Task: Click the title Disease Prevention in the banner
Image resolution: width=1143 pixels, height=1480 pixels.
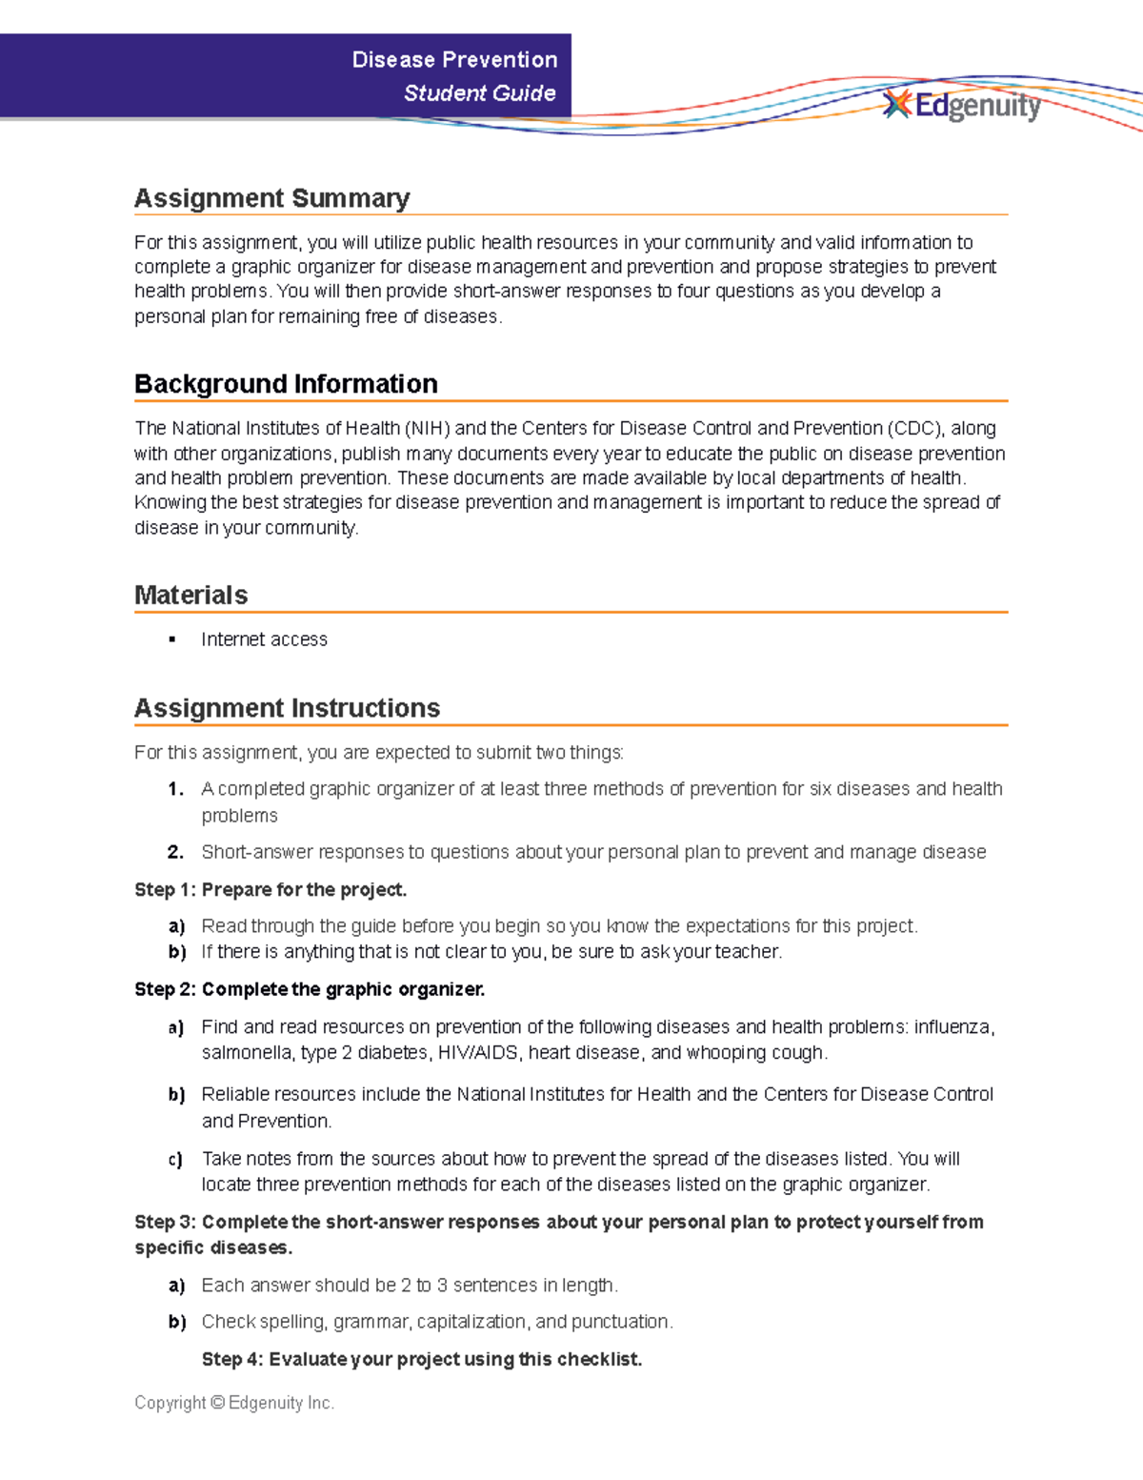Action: [x=454, y=60]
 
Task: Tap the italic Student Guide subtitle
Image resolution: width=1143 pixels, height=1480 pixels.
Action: [x=479, y=93]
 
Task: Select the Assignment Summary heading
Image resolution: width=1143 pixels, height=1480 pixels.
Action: [x=271, y=198]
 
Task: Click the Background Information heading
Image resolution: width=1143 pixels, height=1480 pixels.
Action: [x=286, y=384]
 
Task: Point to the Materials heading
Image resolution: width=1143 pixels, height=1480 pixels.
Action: [x=190, y=596]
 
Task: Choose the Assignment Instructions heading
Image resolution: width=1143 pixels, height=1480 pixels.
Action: [x=287, y=708]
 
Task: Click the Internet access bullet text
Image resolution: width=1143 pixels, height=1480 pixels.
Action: [x=264, y=639]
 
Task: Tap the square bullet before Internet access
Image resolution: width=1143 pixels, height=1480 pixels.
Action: [x=172, y=639]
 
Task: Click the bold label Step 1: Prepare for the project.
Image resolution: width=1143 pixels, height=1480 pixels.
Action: [x=271, y=890]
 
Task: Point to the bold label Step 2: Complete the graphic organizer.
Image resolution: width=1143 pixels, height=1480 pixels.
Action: [x=310, y=990]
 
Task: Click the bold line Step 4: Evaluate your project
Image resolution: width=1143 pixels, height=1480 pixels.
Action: [x=421, y=1360]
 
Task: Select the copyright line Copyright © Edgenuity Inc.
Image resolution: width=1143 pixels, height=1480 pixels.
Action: [x=234, y=1403]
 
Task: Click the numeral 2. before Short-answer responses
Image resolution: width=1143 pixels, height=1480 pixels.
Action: [x=175, y=852]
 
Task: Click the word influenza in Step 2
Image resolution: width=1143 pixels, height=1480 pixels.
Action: [x=952, y=1027]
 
